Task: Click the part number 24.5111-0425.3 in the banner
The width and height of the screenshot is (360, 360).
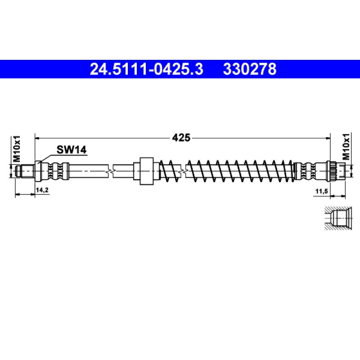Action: tap(147, 69)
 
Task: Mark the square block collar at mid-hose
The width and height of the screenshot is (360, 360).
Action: tap(146, 171)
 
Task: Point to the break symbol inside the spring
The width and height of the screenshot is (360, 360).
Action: tap(183, 171)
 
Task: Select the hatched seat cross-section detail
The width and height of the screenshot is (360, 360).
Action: tap(335, 219)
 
